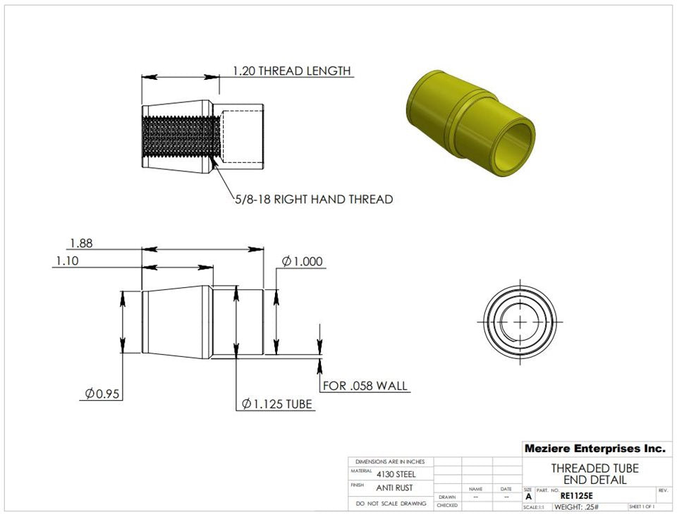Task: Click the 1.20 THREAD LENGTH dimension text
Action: (291, 71)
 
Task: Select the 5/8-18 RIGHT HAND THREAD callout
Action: (314, 200)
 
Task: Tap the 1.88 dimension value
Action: (81, 243)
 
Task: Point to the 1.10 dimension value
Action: (68, 261)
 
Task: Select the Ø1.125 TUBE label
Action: (276, 404)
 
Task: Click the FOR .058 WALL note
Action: (365, 386)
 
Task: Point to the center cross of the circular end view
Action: (520, 321)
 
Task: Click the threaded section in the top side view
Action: (177, 136)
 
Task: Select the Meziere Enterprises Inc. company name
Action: (594, 448)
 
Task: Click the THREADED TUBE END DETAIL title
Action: (594, 474)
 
